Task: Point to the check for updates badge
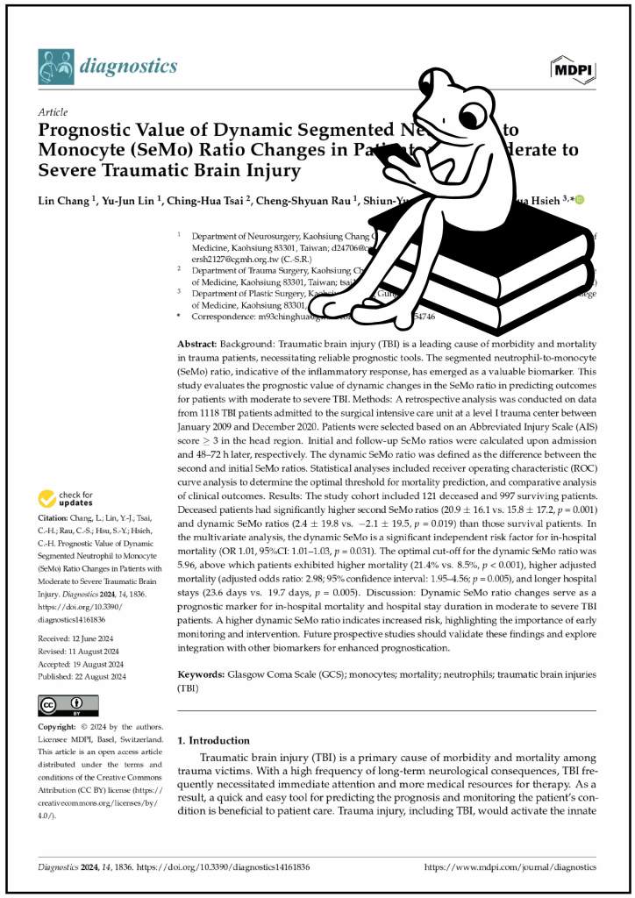(x=67, y=500)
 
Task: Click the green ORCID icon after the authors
(x=580, y=201)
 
